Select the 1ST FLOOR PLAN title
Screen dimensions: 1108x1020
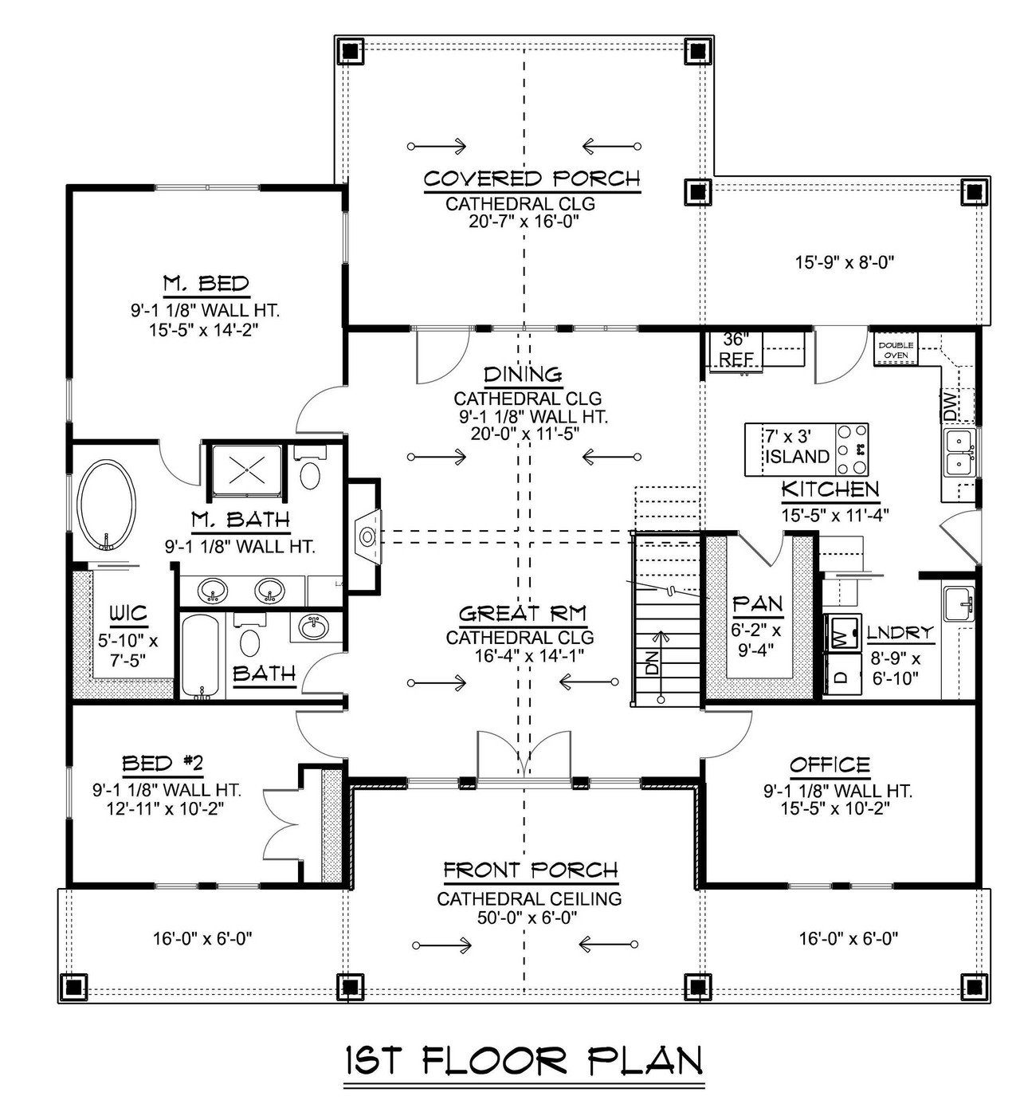coord(524,1062)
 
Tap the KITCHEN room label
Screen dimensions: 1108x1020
coord(830,489)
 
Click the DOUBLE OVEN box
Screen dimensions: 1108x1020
coord(896,350)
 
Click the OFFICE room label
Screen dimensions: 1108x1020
coord(830,766)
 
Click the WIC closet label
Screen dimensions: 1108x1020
coord(128,613)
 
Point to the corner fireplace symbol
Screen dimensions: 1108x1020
coord(367,534)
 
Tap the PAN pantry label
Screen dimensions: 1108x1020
coord(757,604)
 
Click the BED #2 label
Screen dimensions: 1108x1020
coord(163,764)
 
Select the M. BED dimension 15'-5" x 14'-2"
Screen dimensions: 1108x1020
coord(206,328)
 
